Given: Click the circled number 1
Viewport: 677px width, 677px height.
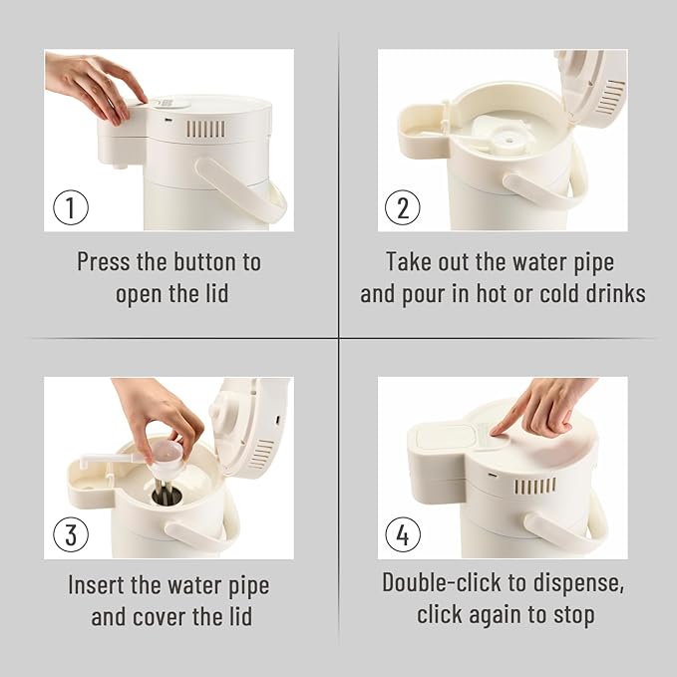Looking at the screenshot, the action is (x=71, y=207).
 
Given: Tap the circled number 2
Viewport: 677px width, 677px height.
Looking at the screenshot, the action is (x=403, y=207).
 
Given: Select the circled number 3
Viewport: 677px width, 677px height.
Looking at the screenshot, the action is (x=71, y=534).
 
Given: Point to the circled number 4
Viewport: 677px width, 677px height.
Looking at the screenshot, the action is (x=403, y=534).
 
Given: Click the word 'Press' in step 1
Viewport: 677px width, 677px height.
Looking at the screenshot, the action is (x=103, y=261).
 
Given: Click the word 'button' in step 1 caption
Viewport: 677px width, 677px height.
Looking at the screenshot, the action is (x=202, y=261).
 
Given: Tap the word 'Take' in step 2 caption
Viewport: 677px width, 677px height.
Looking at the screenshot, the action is (x=409, y=261).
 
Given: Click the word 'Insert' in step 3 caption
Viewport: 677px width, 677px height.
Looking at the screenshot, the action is (x=96, y=585).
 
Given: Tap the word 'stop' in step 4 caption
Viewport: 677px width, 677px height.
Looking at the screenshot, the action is (x=574, y=616).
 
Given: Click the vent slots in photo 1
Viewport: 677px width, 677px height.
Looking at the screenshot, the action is (x=205, y=129).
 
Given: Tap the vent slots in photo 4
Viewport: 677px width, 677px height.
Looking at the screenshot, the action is (x=535, y=486).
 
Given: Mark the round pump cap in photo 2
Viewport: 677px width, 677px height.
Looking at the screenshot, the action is (x=509, y=141).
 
